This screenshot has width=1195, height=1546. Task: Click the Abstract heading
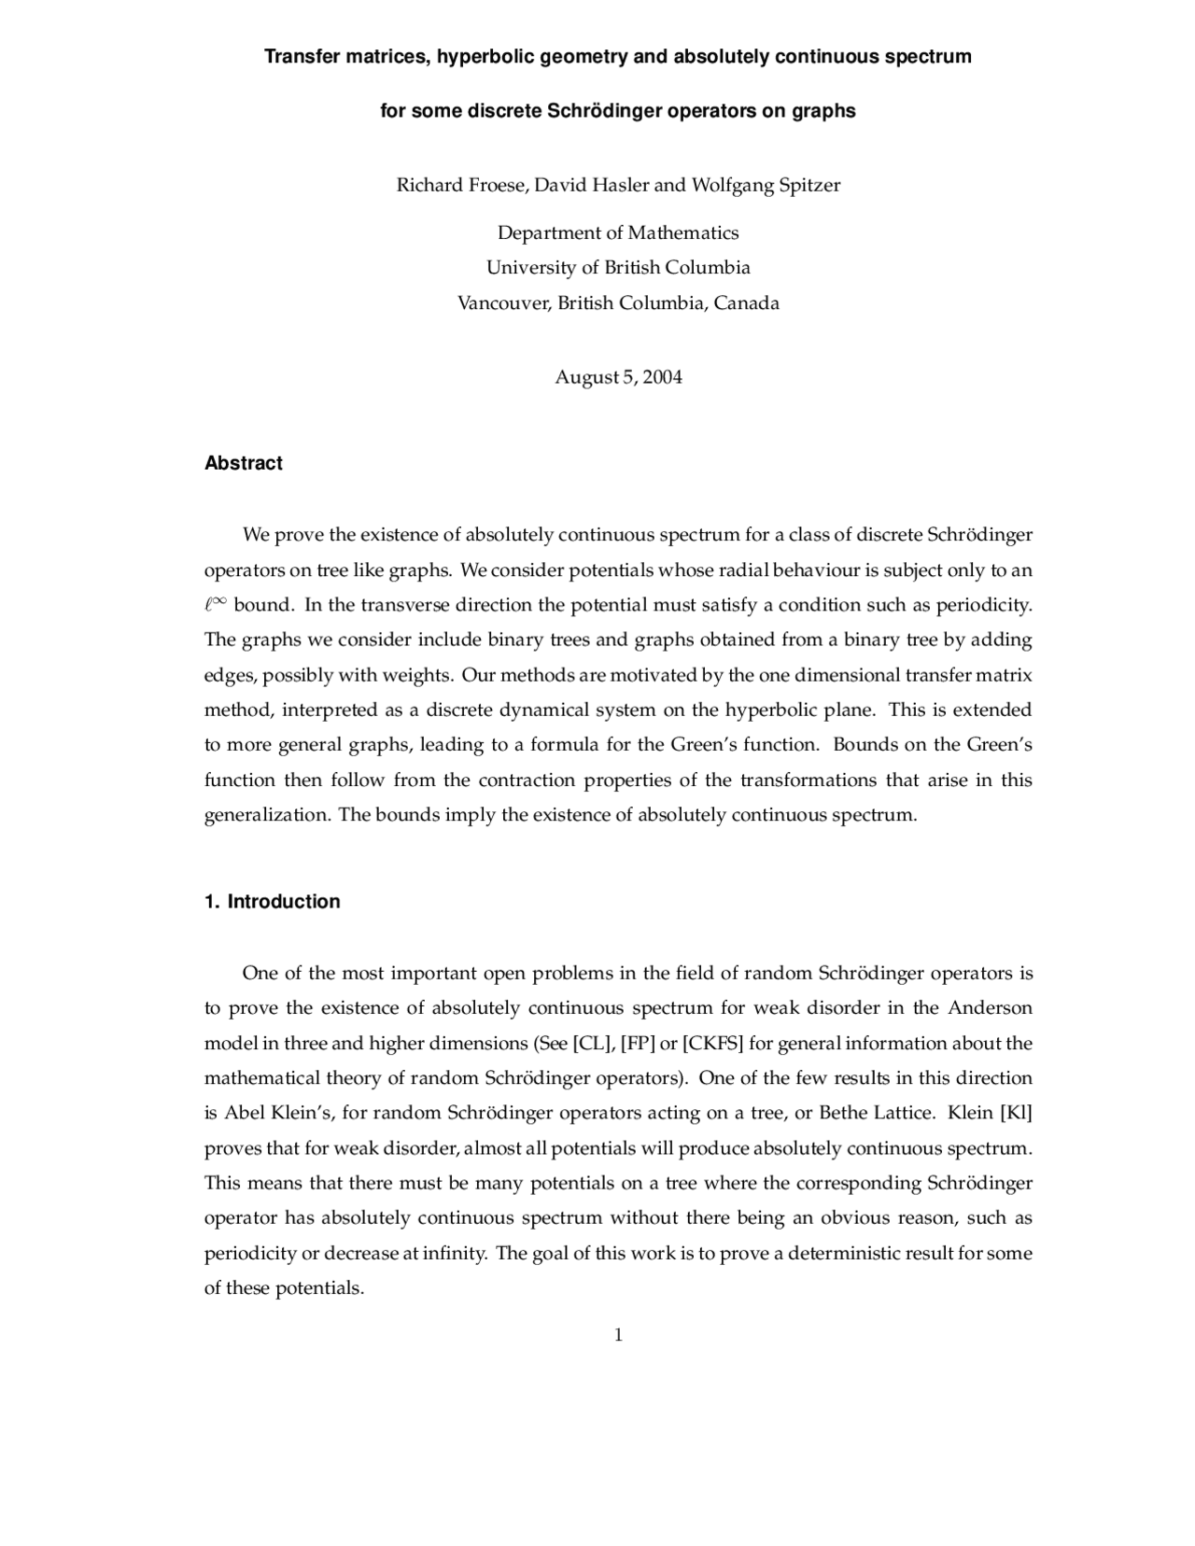click(243, 463)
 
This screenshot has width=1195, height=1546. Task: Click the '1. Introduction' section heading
click(272, 902)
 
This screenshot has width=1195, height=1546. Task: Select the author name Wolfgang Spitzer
click(766, 185)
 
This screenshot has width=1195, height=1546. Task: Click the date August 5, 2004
click(618, 377)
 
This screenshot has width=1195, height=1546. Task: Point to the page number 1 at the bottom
click(618, 1335)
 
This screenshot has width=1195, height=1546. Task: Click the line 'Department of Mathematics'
click(618, 232)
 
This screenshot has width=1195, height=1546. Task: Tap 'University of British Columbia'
click(618, 268)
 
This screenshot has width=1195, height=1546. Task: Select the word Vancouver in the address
click(502, 303)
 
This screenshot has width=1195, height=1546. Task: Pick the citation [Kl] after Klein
click(1016, 1113)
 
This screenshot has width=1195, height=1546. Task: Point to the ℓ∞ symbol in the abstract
click(216, 604)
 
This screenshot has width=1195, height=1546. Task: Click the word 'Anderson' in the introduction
click(990, 1008)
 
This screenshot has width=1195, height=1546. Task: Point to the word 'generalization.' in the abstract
click(267, 815)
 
